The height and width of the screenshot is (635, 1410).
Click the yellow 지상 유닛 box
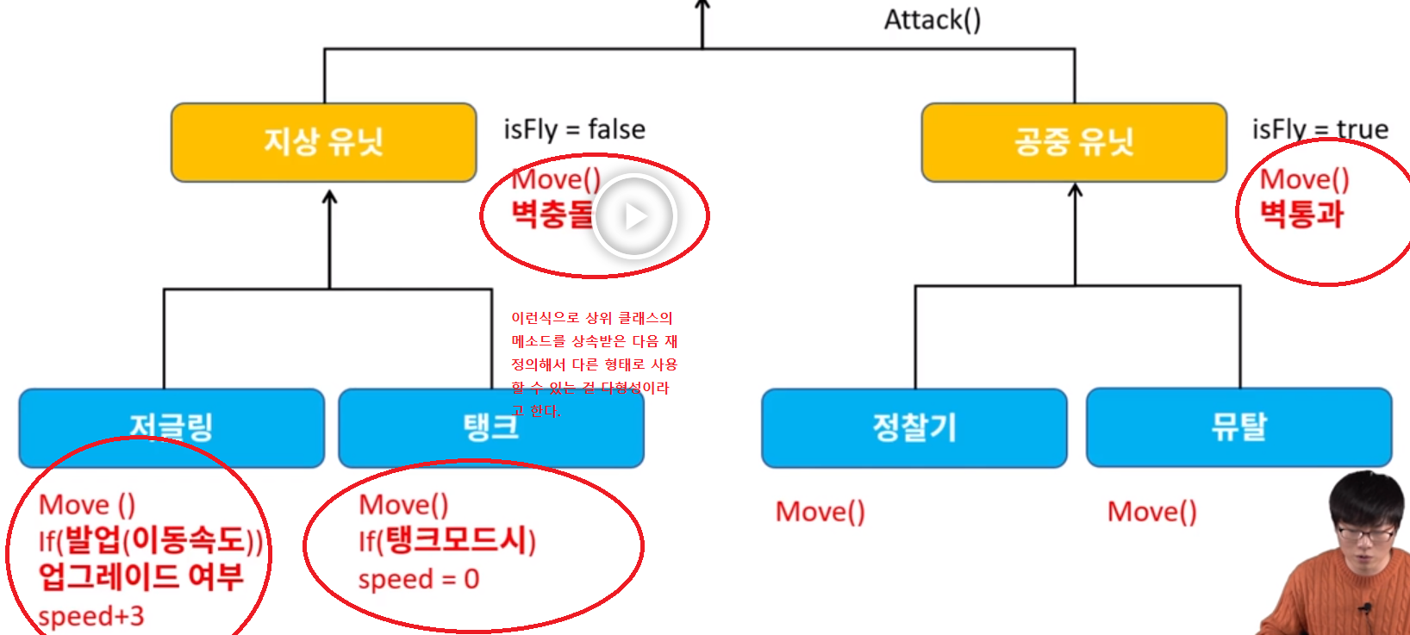[323, 142]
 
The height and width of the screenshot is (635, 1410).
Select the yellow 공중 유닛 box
[1073, 142]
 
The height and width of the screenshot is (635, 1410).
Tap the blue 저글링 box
[172, 427]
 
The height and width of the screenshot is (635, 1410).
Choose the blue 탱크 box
[490, 427]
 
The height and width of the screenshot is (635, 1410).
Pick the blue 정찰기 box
[914, 427]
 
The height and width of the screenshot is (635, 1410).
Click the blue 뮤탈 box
[1238, 426]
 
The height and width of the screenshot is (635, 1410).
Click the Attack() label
[932, 20]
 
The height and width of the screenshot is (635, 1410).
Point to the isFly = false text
[574, 129]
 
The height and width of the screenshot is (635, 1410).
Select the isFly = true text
[1320, 129]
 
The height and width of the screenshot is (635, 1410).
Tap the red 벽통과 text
[1301, 214]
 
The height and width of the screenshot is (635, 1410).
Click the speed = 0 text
[418, 579]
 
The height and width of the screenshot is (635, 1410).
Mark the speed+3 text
[91, 616]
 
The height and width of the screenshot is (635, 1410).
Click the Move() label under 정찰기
[820, 512]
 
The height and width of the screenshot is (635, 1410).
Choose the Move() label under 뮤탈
[1151, 512]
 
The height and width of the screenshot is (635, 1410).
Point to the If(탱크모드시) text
[446, 541]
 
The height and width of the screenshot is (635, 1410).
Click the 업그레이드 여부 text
[140, 576]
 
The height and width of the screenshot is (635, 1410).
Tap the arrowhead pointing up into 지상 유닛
[329, 197]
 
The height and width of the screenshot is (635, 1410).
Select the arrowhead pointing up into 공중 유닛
[1075, 190]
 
